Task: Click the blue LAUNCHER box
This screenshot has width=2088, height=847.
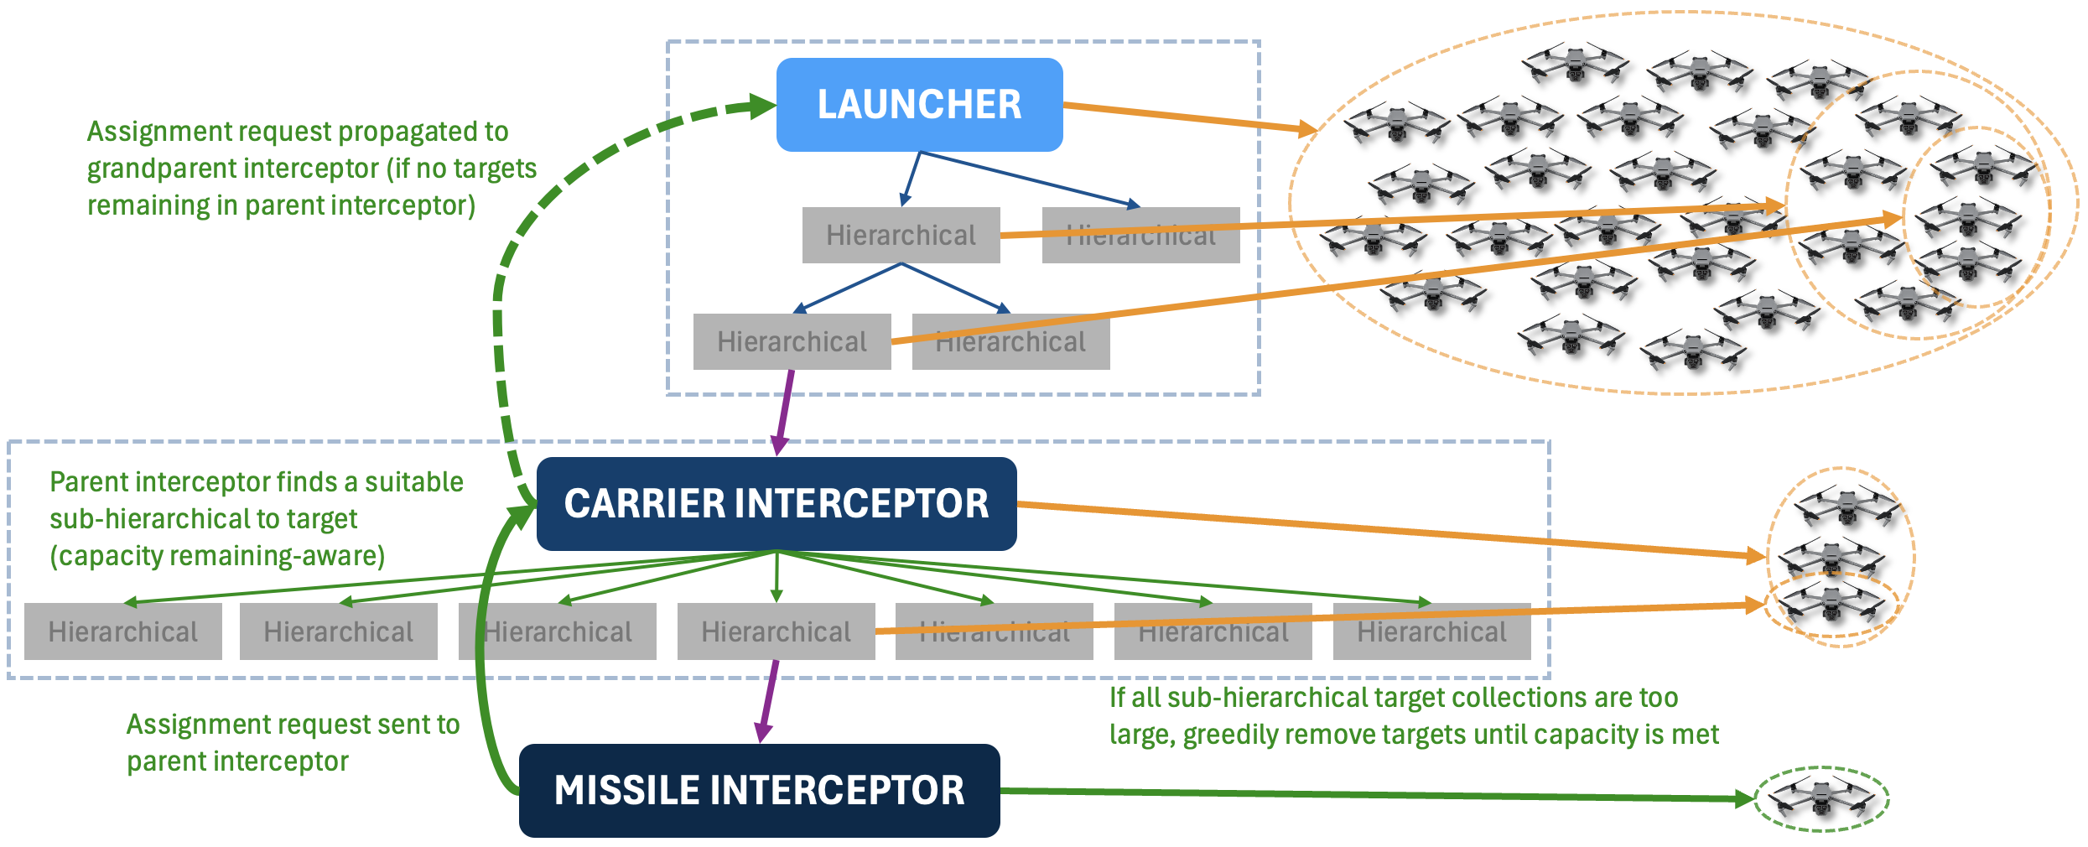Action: coord(919,105)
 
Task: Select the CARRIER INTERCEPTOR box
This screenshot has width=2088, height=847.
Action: coord(777,504)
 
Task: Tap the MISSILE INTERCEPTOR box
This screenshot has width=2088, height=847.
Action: coord(759,791)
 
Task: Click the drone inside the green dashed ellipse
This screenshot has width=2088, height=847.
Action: coord(1821,798)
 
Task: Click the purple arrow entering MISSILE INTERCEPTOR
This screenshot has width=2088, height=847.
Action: coord(767,704)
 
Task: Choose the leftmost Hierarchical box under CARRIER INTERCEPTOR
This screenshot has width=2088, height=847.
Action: coord(123,631)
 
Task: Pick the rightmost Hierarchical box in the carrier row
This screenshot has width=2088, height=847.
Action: coord(1431,631)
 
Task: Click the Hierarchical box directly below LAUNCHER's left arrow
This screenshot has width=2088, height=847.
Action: coord(901,236)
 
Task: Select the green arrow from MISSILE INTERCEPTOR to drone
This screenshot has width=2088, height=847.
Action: coord(1375,794)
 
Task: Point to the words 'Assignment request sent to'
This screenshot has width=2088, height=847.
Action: coord(293,725)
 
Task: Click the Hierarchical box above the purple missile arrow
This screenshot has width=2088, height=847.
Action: coord(776,631)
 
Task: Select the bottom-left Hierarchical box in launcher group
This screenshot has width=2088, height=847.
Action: coord(792,342)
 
